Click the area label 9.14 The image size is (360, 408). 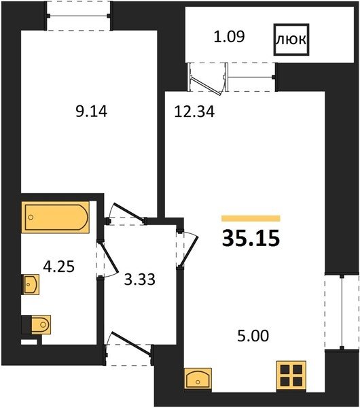click(91, 112)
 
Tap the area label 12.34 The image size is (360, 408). click(194, 112)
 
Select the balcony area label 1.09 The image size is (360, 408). click(229, 37)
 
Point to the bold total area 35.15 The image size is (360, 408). click(251, 239)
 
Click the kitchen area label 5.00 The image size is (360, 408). click(253, 336)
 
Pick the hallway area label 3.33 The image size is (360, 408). click(139, 279)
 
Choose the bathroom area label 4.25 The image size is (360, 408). click(58, 267)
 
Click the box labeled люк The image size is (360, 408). click(291, 39)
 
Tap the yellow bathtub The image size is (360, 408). click(56, 217)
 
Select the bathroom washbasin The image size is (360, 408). click(31, 284)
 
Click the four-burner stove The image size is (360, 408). click(291, 375)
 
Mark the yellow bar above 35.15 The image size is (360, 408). click(251, 218)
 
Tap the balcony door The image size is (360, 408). click(207, 78)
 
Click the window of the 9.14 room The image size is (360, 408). click(79, 16)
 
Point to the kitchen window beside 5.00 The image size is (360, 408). click(342, 311)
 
